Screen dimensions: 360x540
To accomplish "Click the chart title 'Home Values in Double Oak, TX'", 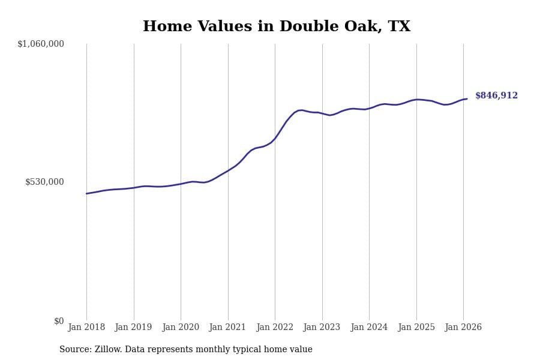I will click(x=277, y=27).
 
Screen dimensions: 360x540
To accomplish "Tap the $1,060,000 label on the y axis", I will click(x=41, y=44).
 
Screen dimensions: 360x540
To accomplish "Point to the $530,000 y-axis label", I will click(x=44, y=182).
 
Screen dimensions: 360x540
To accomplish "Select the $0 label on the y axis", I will click(x=59, y=321).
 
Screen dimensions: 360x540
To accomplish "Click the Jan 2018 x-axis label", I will click(x=86, y=328).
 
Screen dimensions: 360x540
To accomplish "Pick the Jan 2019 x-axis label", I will click(x=134, y=328).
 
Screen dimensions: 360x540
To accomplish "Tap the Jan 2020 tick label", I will click(x=181, y=328).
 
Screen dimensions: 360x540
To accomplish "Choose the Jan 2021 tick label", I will click(x=228, y=328).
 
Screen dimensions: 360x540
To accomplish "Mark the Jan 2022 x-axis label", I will click(x=275, y=328).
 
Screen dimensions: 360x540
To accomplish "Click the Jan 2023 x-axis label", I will click(x=322, y=328).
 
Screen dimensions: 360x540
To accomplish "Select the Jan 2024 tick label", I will click(x=369, y=328).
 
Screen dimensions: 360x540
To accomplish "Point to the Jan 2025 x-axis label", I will click(x=416, y=328).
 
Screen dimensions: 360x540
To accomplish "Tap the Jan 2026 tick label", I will click(x=463, y=328).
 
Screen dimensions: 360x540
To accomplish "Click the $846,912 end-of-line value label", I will click(x=496, y=96).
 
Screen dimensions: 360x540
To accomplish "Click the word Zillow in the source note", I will click(x=108, y=350).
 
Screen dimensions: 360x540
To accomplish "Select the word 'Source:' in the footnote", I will click(x=76, y=350).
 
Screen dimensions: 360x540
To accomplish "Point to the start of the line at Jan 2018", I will click(x=86, y=193).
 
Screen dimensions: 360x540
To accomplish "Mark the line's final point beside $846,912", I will click(x=467, y=99).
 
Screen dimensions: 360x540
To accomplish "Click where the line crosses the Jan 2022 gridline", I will click(x=275, y=139).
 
